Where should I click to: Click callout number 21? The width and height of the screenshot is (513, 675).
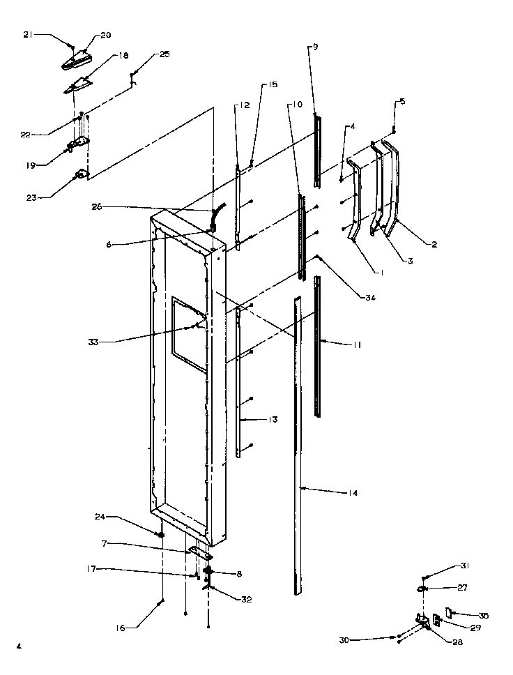26,34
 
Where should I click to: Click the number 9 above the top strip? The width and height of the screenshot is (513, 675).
314,47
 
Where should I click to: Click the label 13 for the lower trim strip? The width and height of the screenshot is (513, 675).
273,419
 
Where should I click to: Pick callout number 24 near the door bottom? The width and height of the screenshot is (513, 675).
100,517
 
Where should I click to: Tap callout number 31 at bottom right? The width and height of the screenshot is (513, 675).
464,566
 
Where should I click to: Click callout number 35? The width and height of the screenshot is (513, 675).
484,615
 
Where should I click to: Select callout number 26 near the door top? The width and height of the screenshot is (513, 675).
96,206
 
